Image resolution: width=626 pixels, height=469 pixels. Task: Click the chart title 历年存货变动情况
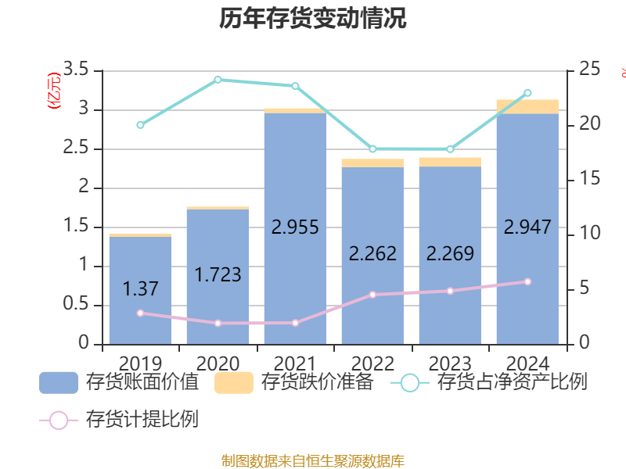(x=313, y=19)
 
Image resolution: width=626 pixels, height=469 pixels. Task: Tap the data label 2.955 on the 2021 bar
(x=295, y=227)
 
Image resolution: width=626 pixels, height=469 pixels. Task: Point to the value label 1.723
(x=218, y=275)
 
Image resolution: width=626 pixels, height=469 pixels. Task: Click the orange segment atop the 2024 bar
(x=527, y=106)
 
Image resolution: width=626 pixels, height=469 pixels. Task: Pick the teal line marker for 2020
(x=218, y=79)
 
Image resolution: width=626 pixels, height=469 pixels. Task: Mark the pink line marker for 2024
(x=527, y=281)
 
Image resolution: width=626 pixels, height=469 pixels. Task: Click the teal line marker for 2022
(x=372, y=149)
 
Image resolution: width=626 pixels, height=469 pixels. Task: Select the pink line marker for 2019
(x=140, y=313)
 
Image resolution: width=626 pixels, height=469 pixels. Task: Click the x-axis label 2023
(x=450, y=363)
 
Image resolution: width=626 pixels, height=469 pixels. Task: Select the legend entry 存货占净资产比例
(x=493, y=382)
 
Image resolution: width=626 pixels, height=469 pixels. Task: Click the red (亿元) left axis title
(x=53, y=92)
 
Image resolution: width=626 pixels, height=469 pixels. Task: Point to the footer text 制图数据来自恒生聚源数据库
(x=313, y=460)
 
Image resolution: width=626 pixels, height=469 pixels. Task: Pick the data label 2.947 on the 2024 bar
(x=527, y=227)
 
